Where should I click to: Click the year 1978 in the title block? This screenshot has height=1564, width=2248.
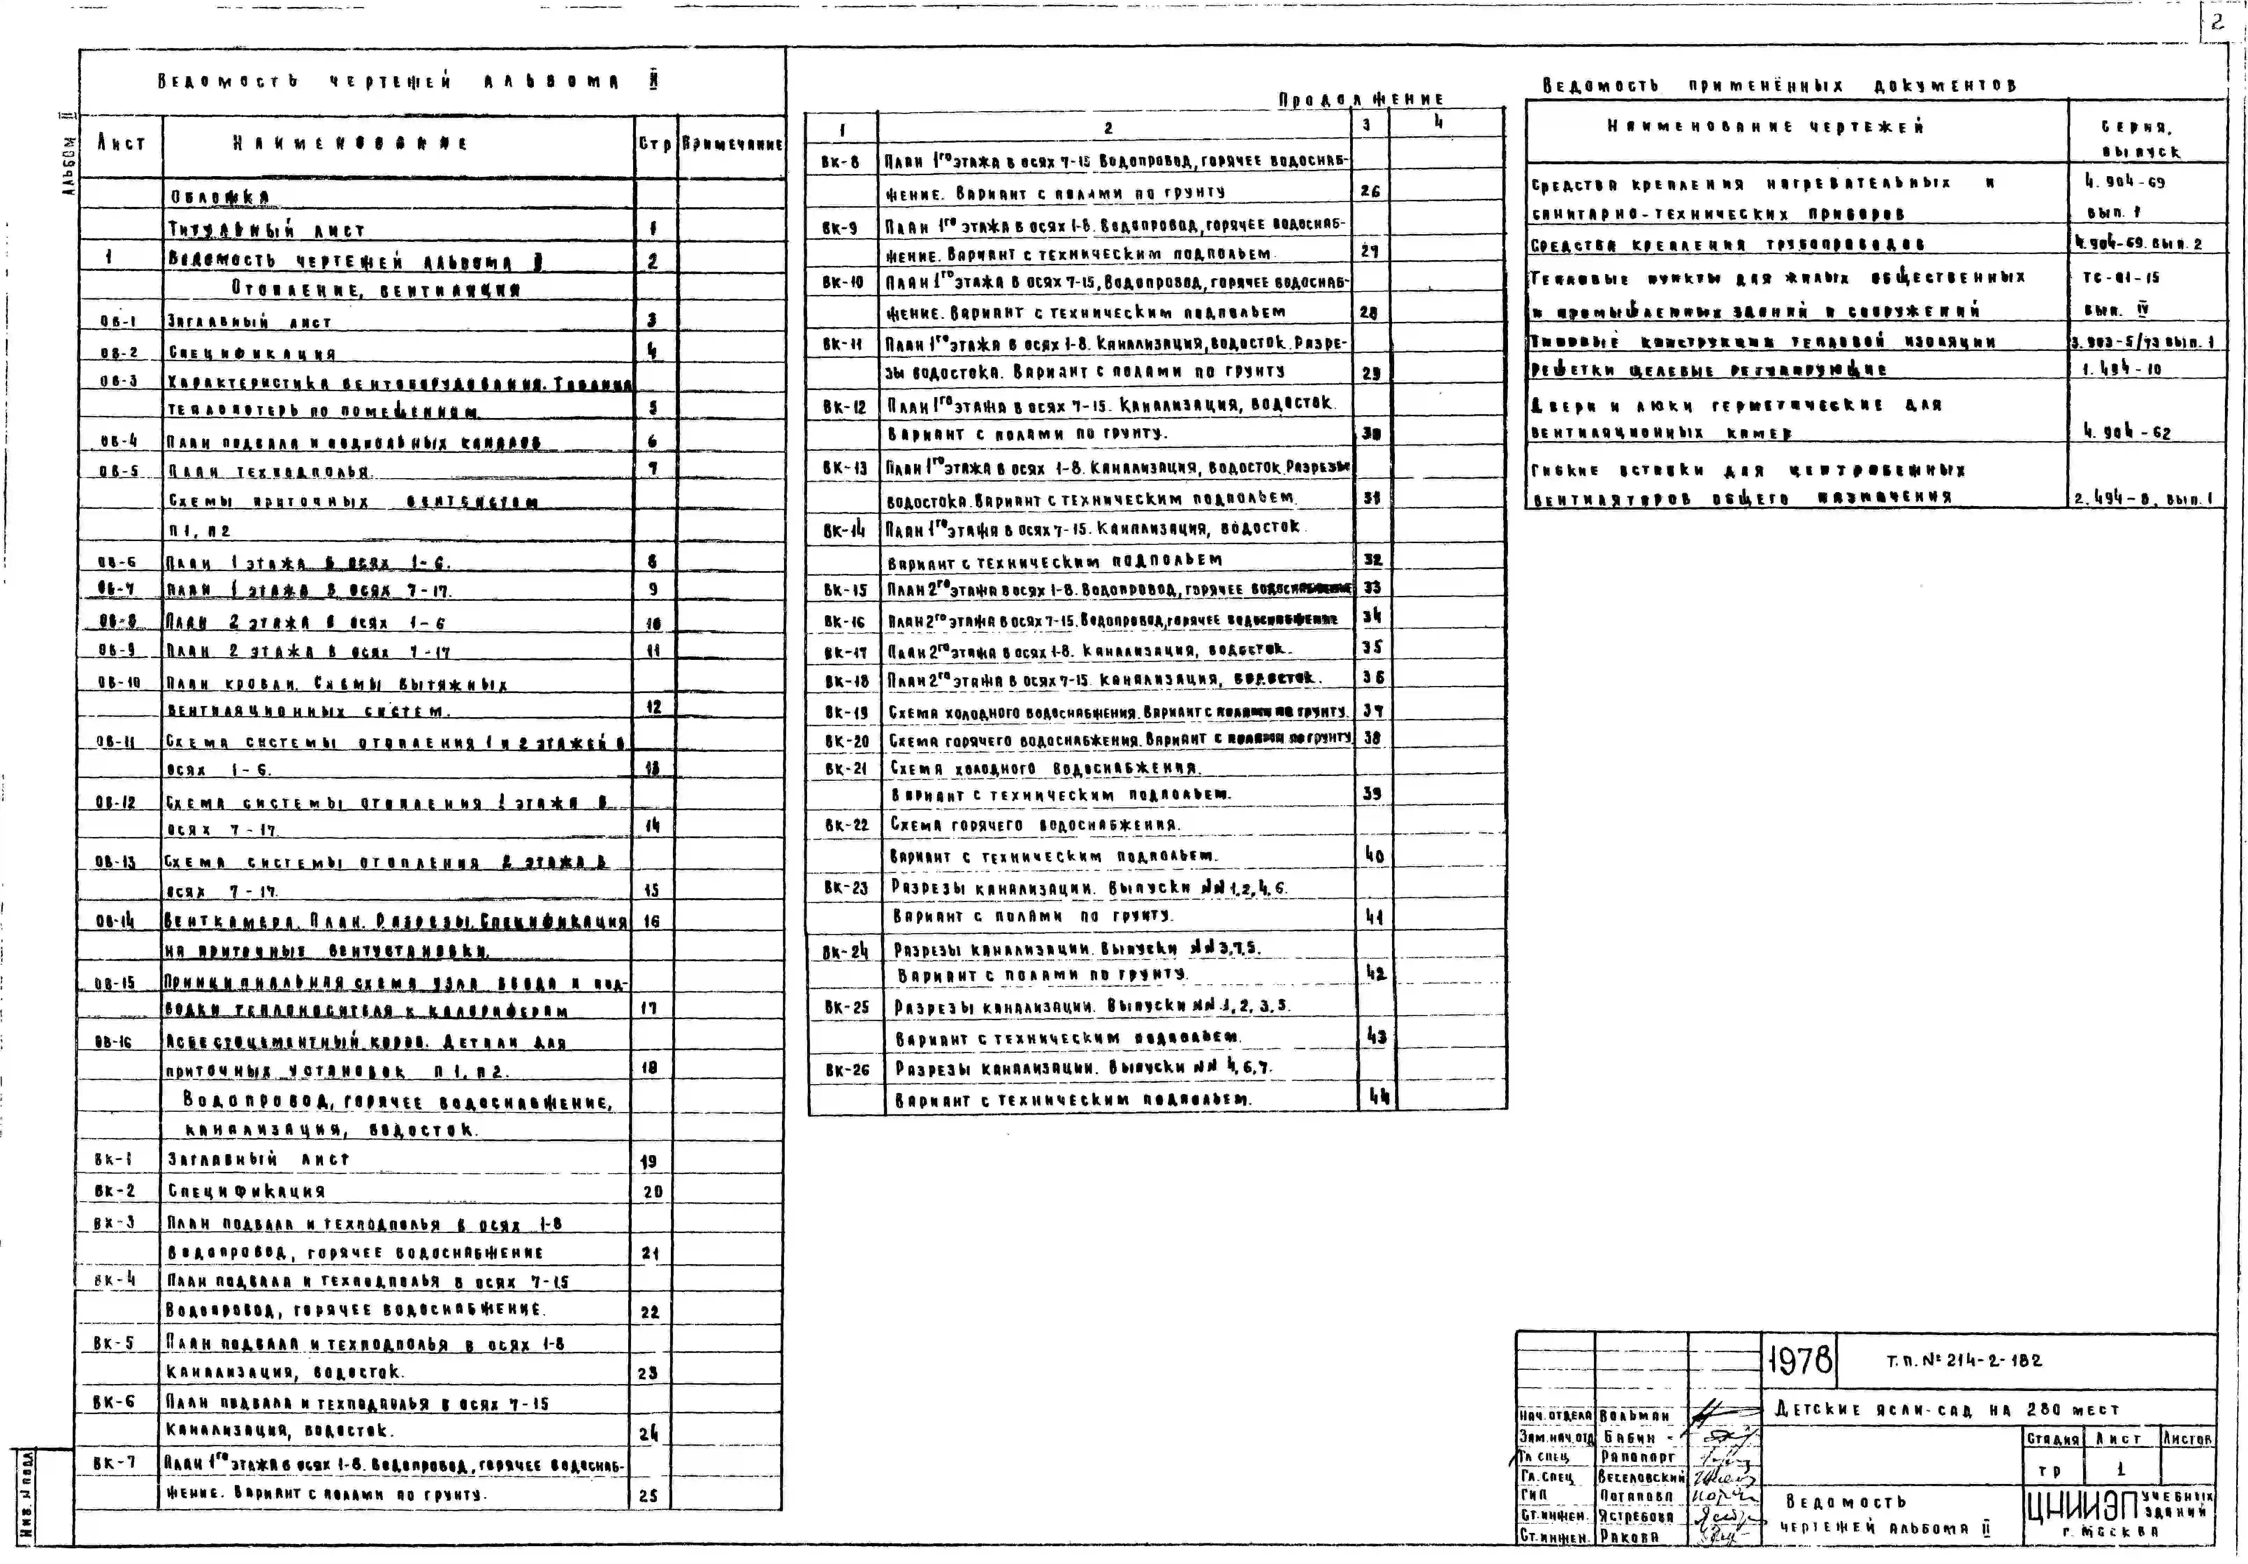pyautogui.click(x=1800, y=1359)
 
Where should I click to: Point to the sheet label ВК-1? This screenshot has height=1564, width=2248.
pyautogui.click(x=114, y=1160)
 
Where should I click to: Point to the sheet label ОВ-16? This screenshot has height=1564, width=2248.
pyautogui.click(x=114, y=1042)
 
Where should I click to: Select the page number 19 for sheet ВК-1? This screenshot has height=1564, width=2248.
pyautogui.click(x=648, y=1161)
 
